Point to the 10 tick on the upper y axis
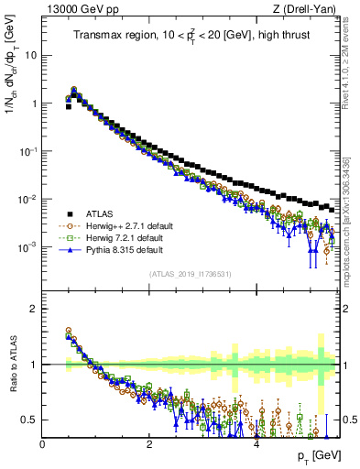(x=31, y=55)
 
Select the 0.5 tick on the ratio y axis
(x=30, y=420)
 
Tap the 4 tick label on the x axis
(x=257, y=442)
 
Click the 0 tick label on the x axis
(x=43, y=442)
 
